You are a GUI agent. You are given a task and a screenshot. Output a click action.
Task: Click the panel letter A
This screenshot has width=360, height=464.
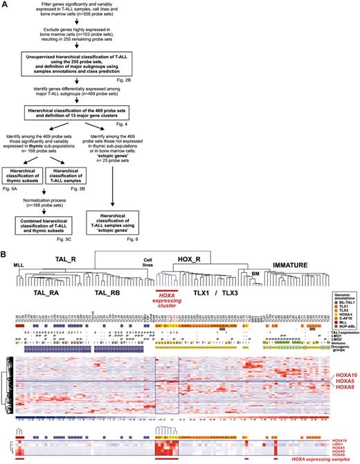pyautogui.click(x=5, y=5)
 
